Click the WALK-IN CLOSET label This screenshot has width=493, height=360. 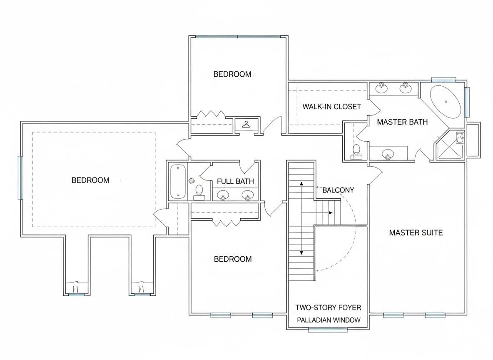pyautogui.click(x=332, y=107)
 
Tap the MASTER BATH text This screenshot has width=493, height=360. pyautogui.click(x=402, y=122)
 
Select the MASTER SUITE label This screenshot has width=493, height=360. pyautogui.click(x=416, y=232)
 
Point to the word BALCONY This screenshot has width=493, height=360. pyautogui.click(x=338, y=190)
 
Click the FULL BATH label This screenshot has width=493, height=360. pyautogui.click(x=235, y=181)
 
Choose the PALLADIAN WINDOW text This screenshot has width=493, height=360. pyautogui.click(x=329, y=320)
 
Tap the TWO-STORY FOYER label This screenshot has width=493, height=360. pyautogui.click(x=328, y=307)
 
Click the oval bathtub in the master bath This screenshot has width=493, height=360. pyautogui.click(x=446, y=101)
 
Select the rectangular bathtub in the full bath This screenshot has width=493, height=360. pyautogui.click(x=178, y=182)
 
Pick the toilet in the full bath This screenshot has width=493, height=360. pyautogui.click(x=199, y=192)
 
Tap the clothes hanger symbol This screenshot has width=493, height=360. pyautogui.click(x=246, y=125)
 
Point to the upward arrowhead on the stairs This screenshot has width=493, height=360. pyautogui.click(x=301, y=183)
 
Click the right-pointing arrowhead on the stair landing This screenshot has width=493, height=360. pyautogui.click(x=331, y=213)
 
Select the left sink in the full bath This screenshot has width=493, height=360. pyautogui.click(x=223, y=195)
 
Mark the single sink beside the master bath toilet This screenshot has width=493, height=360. pyautogui.click(x=388, y=154)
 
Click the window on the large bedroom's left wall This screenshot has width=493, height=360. pyautogui.click(x=20, y=178)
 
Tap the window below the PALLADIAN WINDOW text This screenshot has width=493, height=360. pyautogui.click(x=328, y=330)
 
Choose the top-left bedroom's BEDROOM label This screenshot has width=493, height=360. pyautogui.click(x=232, y=74)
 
